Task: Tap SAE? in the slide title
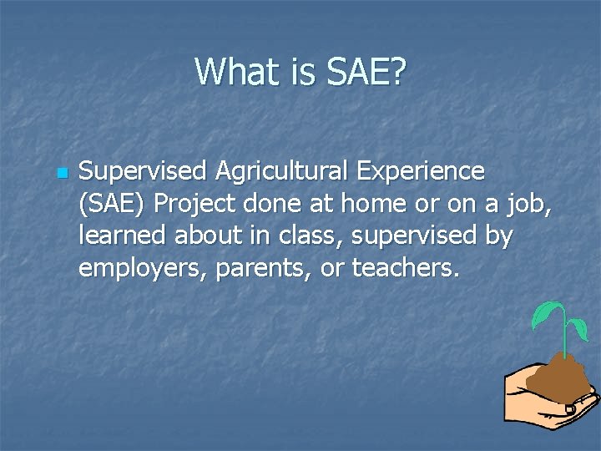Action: coord(365,72)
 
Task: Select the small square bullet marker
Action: coord(60,173)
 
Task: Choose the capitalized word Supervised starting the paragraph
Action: coord(143,171)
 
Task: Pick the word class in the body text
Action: coord(314,237)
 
